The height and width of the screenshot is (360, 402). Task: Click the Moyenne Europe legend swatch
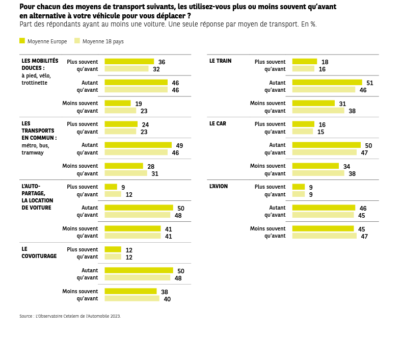click(x=22, y=41)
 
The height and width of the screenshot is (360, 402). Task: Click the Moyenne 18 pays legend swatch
click(x=77, y=41)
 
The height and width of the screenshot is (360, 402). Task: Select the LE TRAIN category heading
click(x=220, y=61)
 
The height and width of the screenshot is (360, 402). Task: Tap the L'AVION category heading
click(x=219, y=186)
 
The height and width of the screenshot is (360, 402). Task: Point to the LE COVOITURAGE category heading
click(x=39, y=252)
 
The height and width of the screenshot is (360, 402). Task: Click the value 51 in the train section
click(x=370, y=83)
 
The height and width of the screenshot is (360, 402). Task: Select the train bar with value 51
click(x=327, y=82)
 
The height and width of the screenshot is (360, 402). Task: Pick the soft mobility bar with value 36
click(x=129, y=61)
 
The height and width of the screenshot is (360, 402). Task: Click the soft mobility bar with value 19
click(x=117, y=103)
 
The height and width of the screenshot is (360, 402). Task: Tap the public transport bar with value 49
click(x=138, y=145)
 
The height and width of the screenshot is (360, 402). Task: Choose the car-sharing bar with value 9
click(x=111, y=187)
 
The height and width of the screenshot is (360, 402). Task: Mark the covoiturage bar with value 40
click(x=131, y=298)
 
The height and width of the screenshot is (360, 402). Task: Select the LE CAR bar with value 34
click(x=315, y=166)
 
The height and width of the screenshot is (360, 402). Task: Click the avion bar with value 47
click(x=324, y=236)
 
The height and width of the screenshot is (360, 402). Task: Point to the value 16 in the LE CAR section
click(x=322, y=125)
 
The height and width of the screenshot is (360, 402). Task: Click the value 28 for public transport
click(x=151, y=167)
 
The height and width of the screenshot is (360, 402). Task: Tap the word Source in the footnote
click(x=25, y=316)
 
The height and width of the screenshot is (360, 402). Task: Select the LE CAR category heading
click(x=218, y=123)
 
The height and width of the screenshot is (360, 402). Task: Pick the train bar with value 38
click(x=318, y=110)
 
